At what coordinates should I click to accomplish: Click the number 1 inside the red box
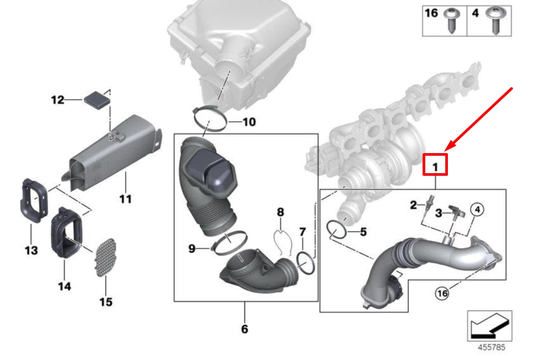[x=436, y=167]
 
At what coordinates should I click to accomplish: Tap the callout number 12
[x=57, y=99]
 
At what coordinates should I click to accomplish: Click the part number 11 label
[x=125, y=199]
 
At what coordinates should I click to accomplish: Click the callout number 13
[x=31, y=249]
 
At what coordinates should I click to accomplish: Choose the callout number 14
[x=64, y=286]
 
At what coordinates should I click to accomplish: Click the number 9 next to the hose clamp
[x=192, y=248]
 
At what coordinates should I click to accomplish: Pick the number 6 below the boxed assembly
[x=244, y=329]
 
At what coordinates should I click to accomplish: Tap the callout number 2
[x=414, y=204]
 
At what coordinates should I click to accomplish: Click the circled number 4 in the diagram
[x=476, y=209]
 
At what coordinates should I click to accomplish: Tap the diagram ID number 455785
[x=491, y=347]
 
